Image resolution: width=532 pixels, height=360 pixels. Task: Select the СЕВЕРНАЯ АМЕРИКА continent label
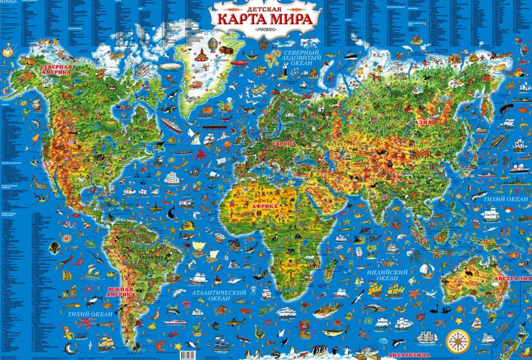click(56, 71)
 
